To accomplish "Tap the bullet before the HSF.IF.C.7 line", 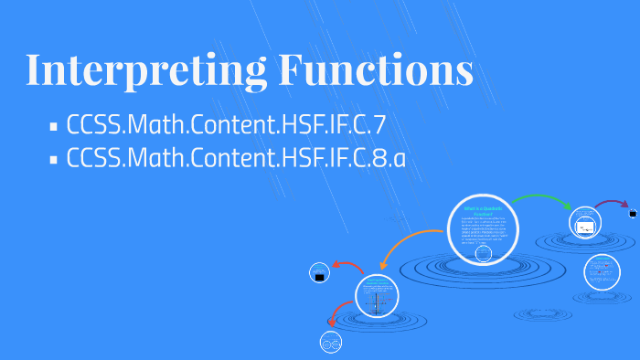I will pyautogui.click(x=54, y=126).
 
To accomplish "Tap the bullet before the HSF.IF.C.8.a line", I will pyautogui.click(x=54, y=159).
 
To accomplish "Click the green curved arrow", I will pyautogui.click(x=542, y=198).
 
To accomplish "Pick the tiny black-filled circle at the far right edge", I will pyautogui.click(x=632, y=213).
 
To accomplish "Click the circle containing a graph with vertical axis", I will pyautogui.click(x=379, y=296).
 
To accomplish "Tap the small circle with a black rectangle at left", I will pyautogui.click(x=319, y=272).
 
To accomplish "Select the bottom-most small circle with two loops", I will pyautogui.click(x=330, y=343).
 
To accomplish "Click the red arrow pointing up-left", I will pyautogui.click(x=347, y=266).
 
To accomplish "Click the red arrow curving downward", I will pyautogui.click(x=336, y=315).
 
